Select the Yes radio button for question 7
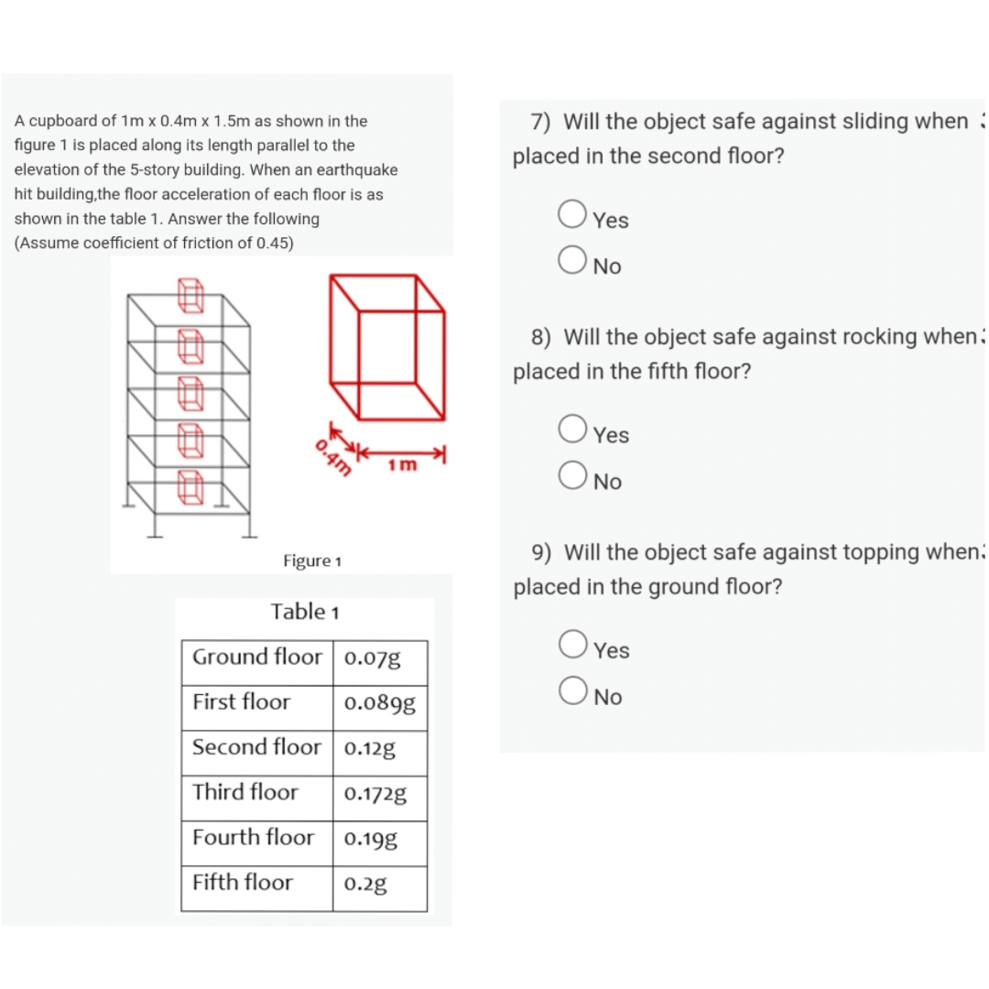pyautogui.click(x=571, y=214)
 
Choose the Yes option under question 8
pyautogui.click(x=571, y=429)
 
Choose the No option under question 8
pyautogui.click(x=571, y=475)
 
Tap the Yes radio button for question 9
pyautogui.click(x=571, y=644)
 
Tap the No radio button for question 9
pyautogui.click(x=571, y=690)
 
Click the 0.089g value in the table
pyautogui.click(x=379, y=704)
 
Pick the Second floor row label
pyautogui.click(x=256, y=747)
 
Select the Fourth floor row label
pyautogui.click(x=253, y=837)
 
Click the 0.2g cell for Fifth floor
pyautogui.click(x=365, y=884)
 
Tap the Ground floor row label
pyautogui.click(x=257, y=658)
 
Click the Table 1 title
pyautogui.click(x=305, y=611)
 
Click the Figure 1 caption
pyautogui.click(x=312, y=560)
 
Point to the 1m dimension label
pyautogui.click(x=402, y=464)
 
